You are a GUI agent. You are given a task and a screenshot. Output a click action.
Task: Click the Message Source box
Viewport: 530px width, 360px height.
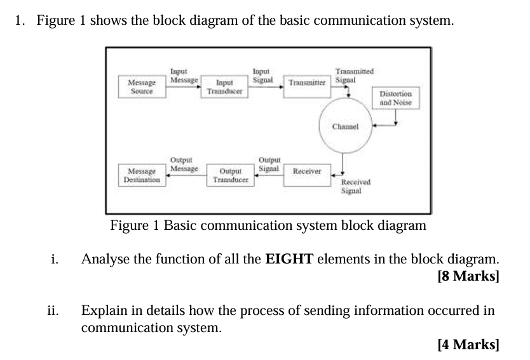coord(142,87)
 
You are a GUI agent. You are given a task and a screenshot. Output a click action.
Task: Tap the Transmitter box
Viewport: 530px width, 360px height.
coord(307,83)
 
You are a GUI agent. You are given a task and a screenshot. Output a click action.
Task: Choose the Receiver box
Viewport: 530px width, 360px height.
coord(307,171)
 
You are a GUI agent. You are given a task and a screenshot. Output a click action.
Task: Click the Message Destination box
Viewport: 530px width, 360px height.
coord(142,175)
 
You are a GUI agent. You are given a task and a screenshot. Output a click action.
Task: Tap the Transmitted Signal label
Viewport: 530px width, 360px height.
coord(354,76)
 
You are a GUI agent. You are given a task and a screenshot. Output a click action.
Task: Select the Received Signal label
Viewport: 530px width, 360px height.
coord(355,185)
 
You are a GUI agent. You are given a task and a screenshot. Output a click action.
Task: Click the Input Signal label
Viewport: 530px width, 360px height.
coord(262,76)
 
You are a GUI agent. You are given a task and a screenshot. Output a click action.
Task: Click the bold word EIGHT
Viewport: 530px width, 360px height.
coord(289,259)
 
